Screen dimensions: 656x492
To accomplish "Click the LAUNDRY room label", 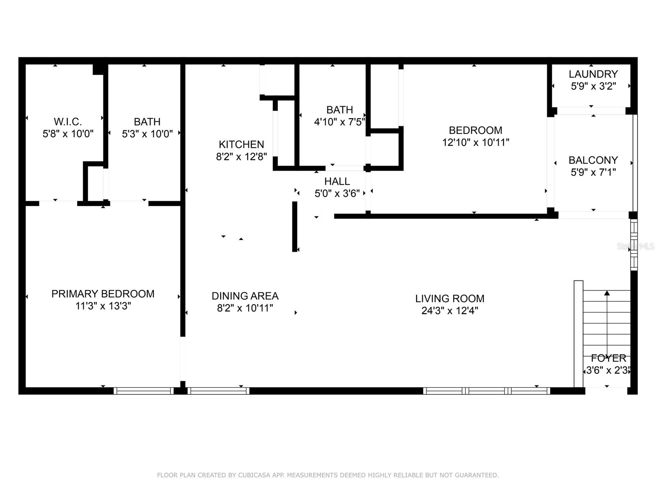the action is pos(593,74).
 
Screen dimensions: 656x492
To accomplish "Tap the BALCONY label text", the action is pos(593,160).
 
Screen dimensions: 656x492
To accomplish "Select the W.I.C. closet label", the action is pos(68,122).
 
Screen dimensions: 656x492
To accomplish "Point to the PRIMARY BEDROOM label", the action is pos(103,294).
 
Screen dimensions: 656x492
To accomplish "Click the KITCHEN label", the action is pos(241,145).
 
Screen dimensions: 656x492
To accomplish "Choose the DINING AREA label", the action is pos(245,296).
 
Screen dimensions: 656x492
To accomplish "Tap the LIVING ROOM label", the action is pos(449,299).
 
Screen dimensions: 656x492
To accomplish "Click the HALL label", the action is pos(337,182).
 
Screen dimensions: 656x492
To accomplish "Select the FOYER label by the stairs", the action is pos(608,358).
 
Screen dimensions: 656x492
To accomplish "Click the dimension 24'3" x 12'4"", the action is pos(449,311).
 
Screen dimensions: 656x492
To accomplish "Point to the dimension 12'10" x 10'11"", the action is pos(476,143).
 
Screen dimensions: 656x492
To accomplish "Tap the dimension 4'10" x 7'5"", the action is pos(339,122).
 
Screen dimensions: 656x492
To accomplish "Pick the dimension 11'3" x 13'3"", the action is pos(103,306).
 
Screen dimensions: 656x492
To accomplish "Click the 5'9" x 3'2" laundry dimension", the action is pos(593,87).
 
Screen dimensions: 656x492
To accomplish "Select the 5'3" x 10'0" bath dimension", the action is pos(147,134).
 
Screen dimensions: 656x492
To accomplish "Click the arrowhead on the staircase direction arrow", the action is pos(607,293).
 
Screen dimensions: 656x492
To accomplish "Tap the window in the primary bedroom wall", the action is pos(143,391).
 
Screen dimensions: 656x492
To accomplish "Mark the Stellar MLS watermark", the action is pos(635,246).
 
